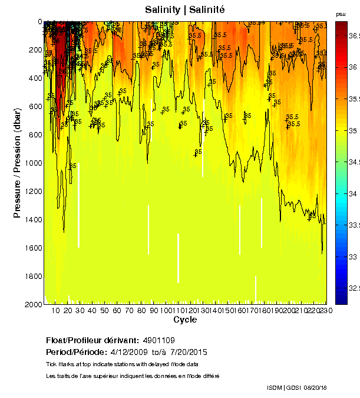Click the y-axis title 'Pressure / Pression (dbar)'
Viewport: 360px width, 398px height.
[17, 163]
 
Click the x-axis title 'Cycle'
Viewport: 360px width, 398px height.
[185, 320]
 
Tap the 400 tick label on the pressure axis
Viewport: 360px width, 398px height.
[35, 78]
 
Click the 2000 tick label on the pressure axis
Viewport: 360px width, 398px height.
[33, 304]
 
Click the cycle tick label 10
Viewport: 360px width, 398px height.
[55, 310]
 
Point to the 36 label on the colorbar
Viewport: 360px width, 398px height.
[354, 67]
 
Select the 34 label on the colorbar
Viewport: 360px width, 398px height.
[354, 193]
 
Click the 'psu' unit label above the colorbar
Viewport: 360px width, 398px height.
[341, 14]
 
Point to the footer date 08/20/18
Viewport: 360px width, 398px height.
[316, 387]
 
